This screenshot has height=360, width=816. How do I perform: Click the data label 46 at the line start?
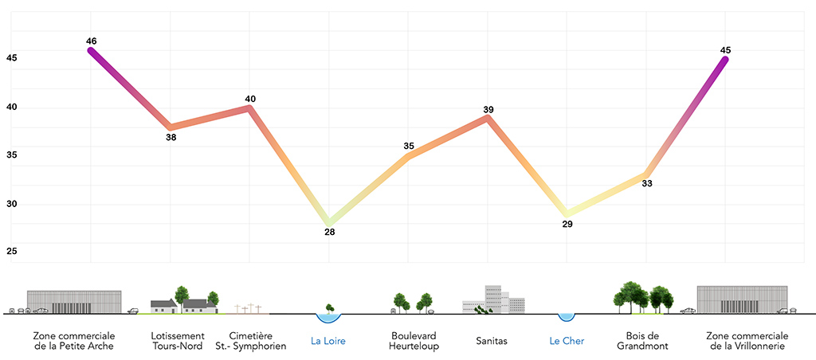click(91, 40)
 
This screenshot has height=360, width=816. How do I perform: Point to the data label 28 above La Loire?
click(329, 233)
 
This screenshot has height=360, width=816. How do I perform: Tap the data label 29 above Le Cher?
click(567, 225)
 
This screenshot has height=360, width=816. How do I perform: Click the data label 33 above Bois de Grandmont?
click(647, 184)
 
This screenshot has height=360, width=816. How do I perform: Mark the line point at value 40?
click(250, 108)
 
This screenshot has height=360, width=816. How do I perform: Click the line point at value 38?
click(171, 127)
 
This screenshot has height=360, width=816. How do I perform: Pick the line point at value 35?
click(409, 156)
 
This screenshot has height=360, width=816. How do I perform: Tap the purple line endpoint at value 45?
click(725, 59)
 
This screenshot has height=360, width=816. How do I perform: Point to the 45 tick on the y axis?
click(11, 57)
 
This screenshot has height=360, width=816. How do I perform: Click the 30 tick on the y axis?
click(11, 204)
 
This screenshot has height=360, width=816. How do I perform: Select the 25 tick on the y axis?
click(11, 252)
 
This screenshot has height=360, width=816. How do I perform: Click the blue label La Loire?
click(328, 342)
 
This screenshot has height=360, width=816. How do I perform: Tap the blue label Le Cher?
click(567, 342)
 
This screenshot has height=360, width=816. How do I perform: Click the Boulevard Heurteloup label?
click(413, 341)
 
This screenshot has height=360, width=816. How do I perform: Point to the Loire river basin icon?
click(328, 317)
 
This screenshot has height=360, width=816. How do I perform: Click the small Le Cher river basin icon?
click(566, 316)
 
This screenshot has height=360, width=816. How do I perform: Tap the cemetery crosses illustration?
click(248, 308)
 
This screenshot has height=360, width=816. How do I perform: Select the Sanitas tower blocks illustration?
click(494, 299)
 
